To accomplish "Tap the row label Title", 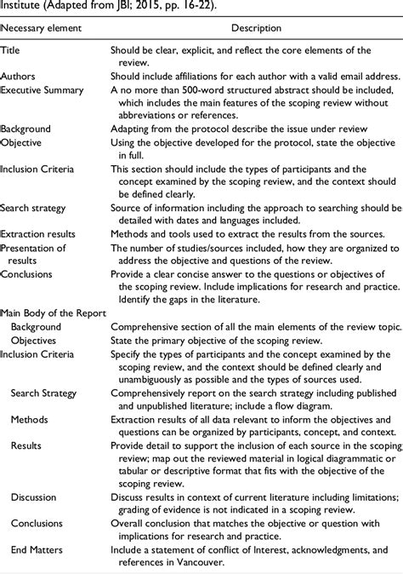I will tap(12, 50).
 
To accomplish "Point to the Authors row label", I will tap(19, 76).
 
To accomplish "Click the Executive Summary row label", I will tap(42, 89).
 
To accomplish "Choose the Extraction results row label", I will tap(38, 232).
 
